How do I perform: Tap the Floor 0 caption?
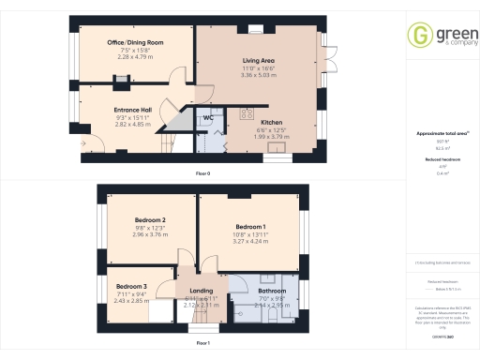click(x=202, y=174)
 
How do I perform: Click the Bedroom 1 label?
click(x=250, y=227)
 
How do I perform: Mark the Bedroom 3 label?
click(x=131, y=285)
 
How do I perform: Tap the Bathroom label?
click(x=272, y=291)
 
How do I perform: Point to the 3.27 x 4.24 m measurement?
click(x=250, y=242)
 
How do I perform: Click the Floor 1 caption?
click(x=202, y=344)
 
